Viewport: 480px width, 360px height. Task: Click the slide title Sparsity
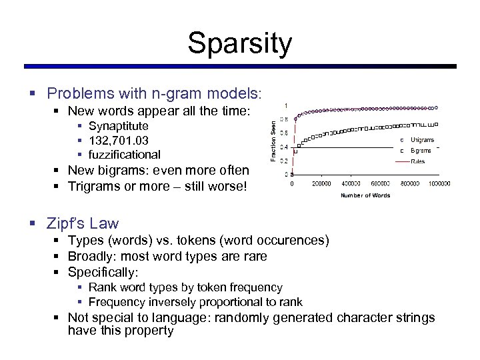point(239,43)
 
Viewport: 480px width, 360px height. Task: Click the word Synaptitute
point(118,126)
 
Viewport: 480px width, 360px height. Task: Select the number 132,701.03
point(118,141)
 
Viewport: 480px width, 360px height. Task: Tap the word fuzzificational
point(124,155)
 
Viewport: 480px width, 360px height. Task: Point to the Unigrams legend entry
point(422,140)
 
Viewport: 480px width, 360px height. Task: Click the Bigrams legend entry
point(421,151)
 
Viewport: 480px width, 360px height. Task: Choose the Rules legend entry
point(417,161)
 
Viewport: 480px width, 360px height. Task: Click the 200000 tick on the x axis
point(322,184)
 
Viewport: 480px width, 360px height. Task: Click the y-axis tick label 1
point(286,105)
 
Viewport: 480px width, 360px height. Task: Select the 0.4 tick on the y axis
point(284,147)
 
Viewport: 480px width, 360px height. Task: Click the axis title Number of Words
point(365,195)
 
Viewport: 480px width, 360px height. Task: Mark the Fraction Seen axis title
point(273,139)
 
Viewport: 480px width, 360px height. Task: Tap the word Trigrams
point(94,185)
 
